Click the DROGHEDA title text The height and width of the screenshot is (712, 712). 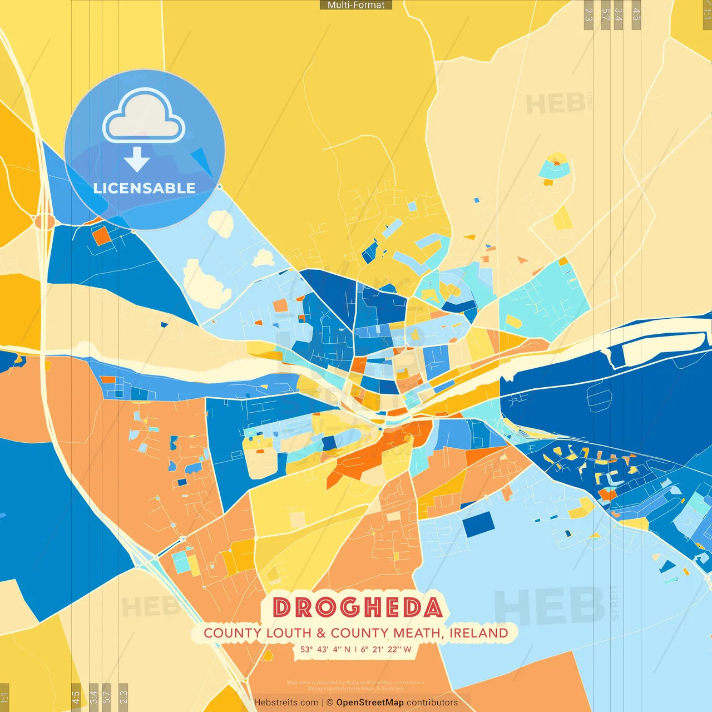pyautogui.click(x=357, y=607)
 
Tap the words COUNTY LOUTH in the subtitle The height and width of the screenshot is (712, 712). pyautogui.click(x=257, y=633)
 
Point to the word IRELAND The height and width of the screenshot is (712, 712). pyautogui.click(x=478, y=633)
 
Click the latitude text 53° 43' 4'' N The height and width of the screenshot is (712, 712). pyautogui.click(x=325, y=649)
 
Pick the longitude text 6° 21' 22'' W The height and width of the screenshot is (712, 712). pyautogui.click(x=386, y=649)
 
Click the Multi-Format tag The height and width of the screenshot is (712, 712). pyautogui.click(x=356, y=5)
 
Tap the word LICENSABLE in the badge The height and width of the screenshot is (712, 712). pyautogui.click(x=145, y=188)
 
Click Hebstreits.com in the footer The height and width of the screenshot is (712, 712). pyautogui.click(x=286, y=703)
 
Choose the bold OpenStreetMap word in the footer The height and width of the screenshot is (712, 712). pyautogui.click(x=370, y=703)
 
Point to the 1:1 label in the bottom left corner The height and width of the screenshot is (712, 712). pyautogui.click(x=4, y=698)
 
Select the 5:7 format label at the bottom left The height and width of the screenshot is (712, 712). pyautogui.click(x=107, y=698)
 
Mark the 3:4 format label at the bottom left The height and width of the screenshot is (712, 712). pyautogui.click(x=93, y=698)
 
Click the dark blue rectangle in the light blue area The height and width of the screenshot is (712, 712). pyautogui.click(x=478, y=524)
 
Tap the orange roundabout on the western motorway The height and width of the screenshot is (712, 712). pyautogui.click(x=44, y=221)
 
